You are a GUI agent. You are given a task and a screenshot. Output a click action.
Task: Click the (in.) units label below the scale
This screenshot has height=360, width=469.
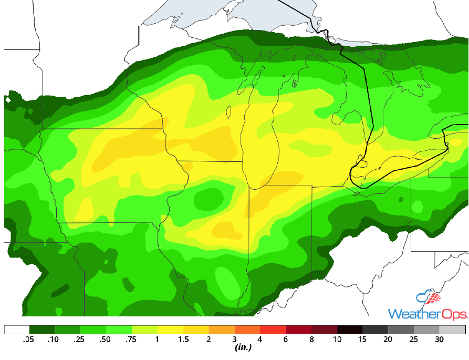[x=243, y=347]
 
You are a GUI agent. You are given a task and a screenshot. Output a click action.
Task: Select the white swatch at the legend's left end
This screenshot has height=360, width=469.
[x=16, y=330]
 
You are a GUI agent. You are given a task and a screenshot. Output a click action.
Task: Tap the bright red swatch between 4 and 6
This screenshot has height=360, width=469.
[x=273, y=330]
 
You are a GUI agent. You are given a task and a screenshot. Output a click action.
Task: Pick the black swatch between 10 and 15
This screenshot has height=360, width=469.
[x=350, y=330]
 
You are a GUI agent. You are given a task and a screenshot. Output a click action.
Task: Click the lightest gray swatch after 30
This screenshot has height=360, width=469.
[x=452, y=330]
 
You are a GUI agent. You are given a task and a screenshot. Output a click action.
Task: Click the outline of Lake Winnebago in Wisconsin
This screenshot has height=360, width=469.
[x=229, y=112]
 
